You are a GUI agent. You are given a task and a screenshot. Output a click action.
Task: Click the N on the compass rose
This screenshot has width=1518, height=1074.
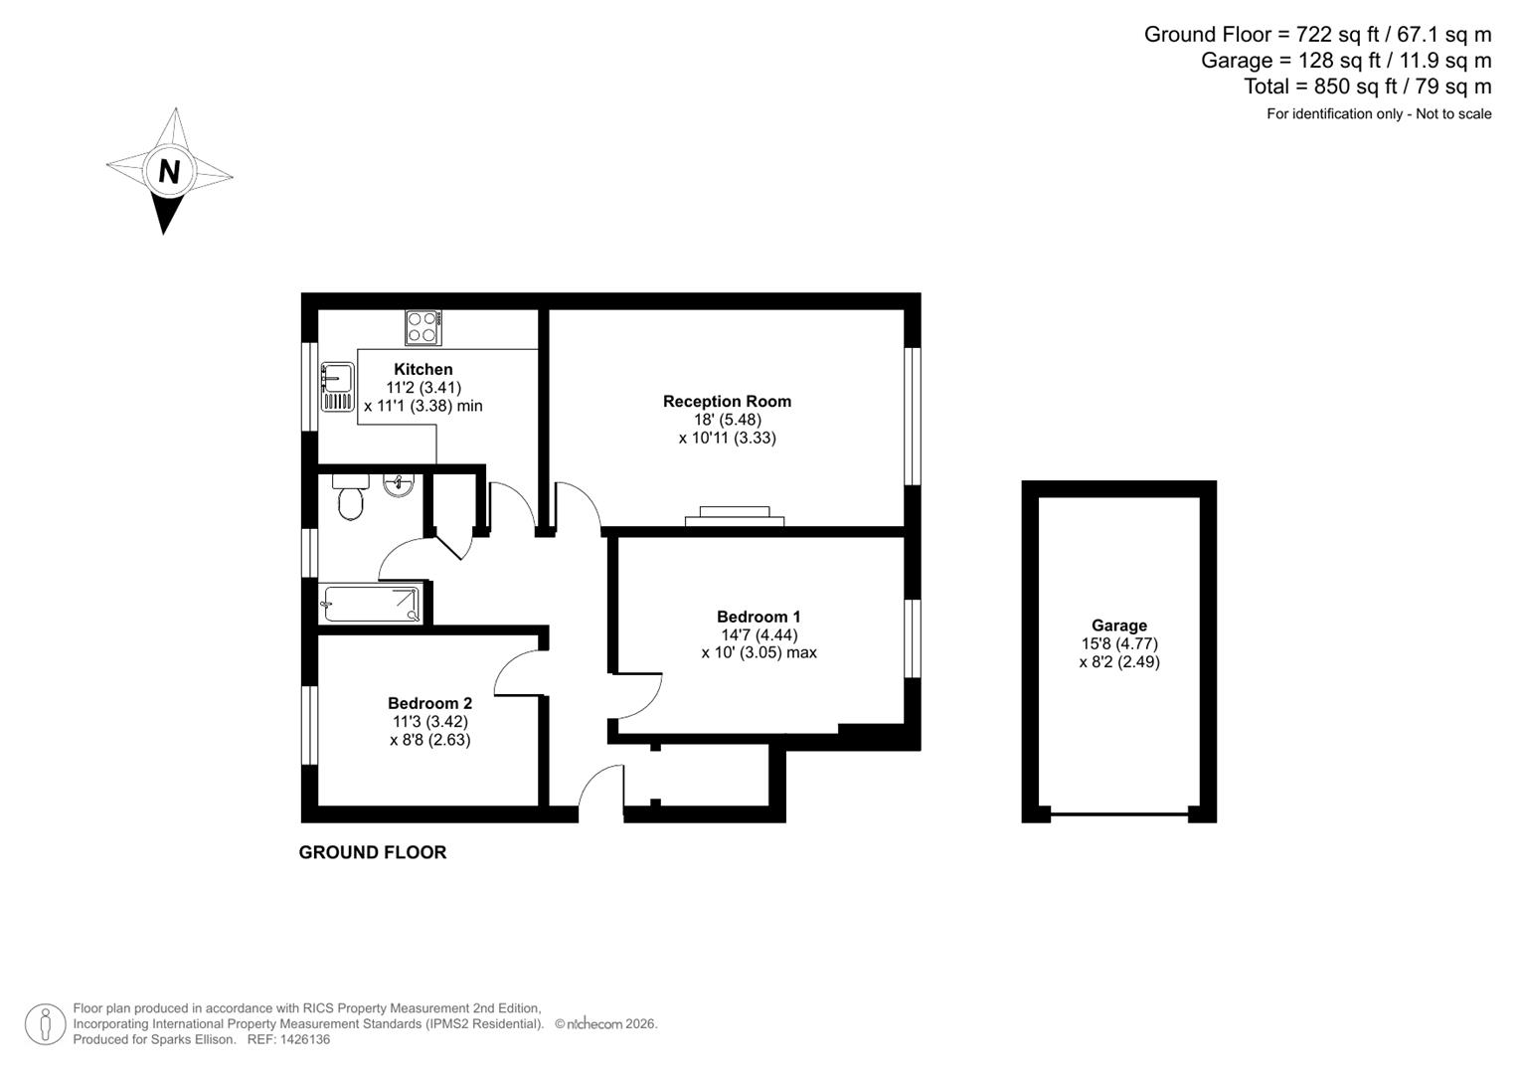(169, 172)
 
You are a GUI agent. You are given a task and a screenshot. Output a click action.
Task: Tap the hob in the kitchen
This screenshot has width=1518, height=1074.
(423, 327)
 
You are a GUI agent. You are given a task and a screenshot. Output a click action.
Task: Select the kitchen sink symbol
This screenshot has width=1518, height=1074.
(337, 387)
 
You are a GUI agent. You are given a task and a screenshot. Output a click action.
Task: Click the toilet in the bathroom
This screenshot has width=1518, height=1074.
(350, 497)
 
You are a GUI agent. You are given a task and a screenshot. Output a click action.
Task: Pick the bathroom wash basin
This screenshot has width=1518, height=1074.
(399, 485)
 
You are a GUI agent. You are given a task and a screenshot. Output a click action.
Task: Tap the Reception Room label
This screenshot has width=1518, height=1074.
(727, 402)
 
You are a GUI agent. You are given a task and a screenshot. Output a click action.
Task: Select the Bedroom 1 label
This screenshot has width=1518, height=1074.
(759, 617)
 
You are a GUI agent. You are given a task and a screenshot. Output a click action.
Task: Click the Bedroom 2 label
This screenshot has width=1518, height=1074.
(429, 703)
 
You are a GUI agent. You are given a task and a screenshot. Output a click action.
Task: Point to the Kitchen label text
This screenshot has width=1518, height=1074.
(422, 370)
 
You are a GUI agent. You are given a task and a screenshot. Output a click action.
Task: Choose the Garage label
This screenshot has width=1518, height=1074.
(1118, 626)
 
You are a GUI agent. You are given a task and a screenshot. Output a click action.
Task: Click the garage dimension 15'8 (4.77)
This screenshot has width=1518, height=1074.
(1118, 643)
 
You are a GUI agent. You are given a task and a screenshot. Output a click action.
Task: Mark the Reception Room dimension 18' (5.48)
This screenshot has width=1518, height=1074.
(727, 420)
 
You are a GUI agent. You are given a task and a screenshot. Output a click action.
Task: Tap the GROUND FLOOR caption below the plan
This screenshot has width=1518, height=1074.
(373, 852)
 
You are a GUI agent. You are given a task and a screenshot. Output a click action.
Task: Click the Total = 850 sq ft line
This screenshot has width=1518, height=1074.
(1367, 87)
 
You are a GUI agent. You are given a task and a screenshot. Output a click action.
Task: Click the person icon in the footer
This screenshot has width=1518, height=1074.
(46, 1023)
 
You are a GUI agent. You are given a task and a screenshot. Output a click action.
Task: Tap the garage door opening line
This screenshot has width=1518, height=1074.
(1118, 815)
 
